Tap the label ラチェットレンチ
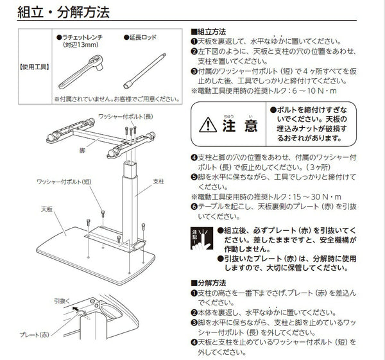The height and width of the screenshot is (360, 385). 80,38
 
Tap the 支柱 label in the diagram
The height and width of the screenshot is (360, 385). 160,182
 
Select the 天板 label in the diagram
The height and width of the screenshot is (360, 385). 45,209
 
